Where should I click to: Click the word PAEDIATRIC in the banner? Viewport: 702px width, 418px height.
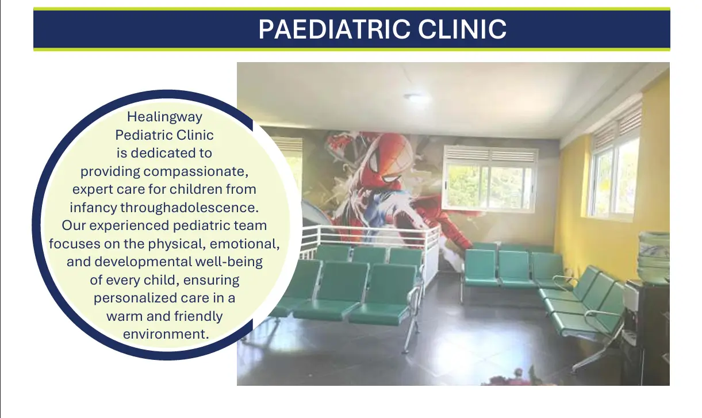pos(334,29)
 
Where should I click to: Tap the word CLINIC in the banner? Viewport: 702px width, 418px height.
pos(462,29)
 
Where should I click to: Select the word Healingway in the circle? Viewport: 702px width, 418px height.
pos(164,117)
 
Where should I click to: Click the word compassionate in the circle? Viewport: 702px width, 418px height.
pos(196,172)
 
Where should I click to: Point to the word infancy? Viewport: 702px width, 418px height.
pos(93,208)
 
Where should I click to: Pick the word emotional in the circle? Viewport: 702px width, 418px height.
pos(244,244)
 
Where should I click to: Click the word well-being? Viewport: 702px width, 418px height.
pos(229,262)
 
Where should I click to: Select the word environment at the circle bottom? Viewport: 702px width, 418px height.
pos(166,334)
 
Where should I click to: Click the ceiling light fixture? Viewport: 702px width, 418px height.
pos(415,97)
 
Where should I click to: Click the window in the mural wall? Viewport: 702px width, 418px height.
pos(490,180)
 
